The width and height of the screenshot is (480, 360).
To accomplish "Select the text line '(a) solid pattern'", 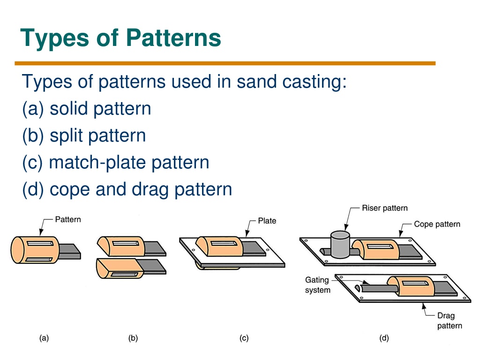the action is click(x=87, y=109).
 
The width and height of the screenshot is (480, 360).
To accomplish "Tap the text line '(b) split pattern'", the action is click(x=84, y=136).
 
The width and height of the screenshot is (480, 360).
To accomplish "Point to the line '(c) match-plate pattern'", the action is click(x=116, y=163).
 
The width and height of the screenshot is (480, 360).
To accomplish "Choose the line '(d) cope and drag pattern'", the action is click(x=127, y=189).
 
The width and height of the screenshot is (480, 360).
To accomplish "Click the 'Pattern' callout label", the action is click(x=68, y=219).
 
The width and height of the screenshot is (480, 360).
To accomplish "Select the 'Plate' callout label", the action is click(x=267, y=221).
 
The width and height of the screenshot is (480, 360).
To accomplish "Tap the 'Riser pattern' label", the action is click(x=385, y=208).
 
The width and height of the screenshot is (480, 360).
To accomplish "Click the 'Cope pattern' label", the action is click(x=437, y=224).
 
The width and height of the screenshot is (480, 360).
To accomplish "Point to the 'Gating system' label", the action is click(x=317, y=285).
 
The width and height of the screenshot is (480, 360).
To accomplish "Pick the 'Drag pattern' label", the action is click(x=450, y=321).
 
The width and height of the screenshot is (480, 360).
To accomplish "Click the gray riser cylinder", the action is click(x=340, y=245).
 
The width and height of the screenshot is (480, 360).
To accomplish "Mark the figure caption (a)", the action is click(x=44, y=338).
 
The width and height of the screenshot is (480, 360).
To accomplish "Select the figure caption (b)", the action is click(x=133, y=338).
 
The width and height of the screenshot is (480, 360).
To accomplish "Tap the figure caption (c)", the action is click(x=244, y=338).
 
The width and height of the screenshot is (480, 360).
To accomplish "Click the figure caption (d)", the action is click(x=384, y=338).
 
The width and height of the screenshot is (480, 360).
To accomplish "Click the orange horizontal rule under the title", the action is click(x=225, y=63).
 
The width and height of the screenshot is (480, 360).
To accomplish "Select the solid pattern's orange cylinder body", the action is click(x=35, y=250).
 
